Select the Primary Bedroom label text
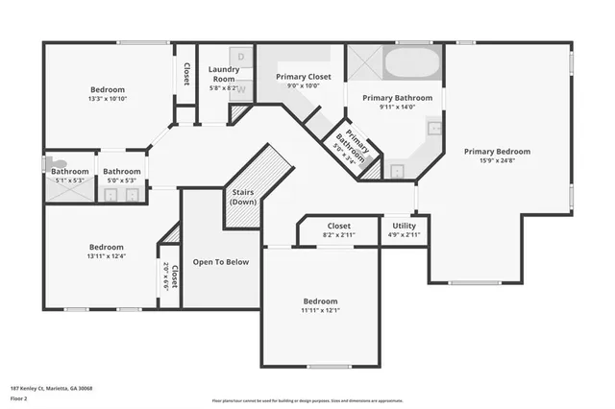497,151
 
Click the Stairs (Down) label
243,197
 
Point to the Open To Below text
221,261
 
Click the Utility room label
404,226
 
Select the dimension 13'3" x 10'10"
108,99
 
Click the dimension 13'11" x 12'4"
106,256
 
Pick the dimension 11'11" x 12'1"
320,310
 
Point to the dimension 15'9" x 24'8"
497,161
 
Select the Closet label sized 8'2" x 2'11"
338,226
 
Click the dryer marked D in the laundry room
242,57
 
